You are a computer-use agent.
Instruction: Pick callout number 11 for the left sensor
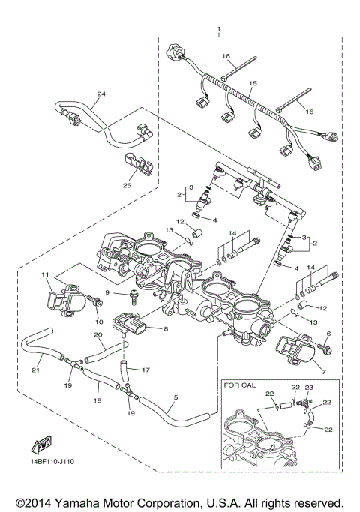tap(44, 276)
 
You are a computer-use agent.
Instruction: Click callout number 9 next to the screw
tap(107, 292)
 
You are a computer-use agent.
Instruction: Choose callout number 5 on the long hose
tap(175, 397)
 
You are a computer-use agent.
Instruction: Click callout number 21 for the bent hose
tap(34, 370)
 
